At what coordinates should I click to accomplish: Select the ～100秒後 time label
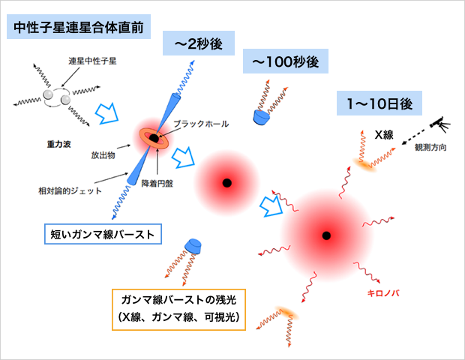point(286,61)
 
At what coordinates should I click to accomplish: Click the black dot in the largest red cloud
point(326,236)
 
